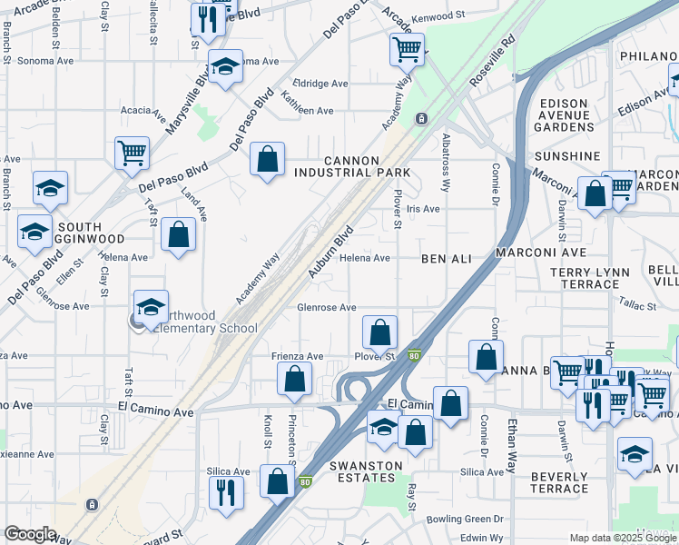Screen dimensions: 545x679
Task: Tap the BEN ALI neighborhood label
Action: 447,259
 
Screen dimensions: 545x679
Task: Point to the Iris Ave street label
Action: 423,209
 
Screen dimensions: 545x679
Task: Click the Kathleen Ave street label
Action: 307,111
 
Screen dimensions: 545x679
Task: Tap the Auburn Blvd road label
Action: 330,252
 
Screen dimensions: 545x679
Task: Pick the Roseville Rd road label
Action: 491,61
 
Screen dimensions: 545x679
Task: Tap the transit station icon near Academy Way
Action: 421,119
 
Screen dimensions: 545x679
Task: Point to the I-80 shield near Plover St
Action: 414,356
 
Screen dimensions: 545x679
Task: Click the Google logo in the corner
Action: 30,534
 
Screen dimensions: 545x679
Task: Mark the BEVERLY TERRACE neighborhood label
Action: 559,482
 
